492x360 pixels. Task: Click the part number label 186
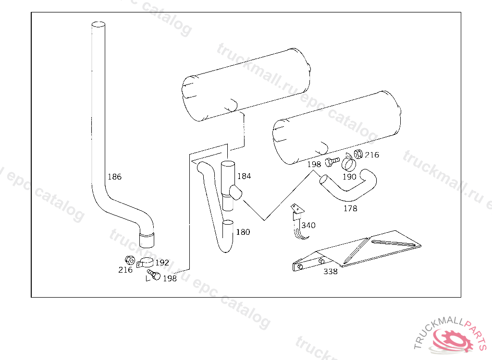pos(114,177)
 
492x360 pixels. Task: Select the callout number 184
pos(244,176)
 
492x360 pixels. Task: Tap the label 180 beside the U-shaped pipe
pos(243,232)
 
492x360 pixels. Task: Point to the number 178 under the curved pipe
pos(350,209)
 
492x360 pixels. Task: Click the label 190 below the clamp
pos(349,177)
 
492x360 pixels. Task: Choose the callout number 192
pos(162,263)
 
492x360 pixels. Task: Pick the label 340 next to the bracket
pos(308,225)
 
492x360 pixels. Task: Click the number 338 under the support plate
pos(330,272)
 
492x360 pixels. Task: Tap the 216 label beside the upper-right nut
pos(372,155)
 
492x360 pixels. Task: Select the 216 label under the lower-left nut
pos(125,270)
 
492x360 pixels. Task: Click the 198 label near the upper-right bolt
pos(314,164)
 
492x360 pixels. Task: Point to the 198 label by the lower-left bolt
pos(170,278)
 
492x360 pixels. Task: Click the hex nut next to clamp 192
pos(129,260)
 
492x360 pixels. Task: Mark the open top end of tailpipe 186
pos(98,24)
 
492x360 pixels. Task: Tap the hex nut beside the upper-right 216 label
pos(357,154)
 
